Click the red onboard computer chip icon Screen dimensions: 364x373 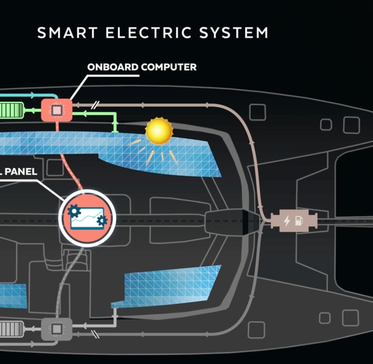56,110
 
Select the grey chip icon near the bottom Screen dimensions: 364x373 56,329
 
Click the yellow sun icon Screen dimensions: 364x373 159,131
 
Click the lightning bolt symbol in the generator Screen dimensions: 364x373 287,221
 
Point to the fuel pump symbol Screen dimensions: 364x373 299,221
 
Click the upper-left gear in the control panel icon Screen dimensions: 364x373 74,211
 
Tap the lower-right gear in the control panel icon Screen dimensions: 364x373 102,221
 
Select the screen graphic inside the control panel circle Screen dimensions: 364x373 87,217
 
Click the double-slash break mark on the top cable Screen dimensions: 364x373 98,104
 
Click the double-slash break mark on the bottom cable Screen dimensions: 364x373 98,334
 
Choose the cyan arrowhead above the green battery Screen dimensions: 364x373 33,95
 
